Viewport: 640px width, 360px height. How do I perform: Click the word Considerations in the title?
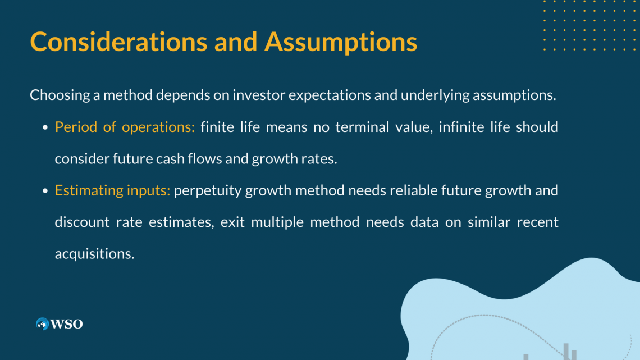pyautogui.click(x=119, y=42)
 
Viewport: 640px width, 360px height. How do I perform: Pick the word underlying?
pyautogui.click(x=435, y=95)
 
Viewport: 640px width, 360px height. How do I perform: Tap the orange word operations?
pyautogui.click(x=158, y=127)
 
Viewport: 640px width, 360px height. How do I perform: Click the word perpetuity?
pyautogui.click(x=208, y=191)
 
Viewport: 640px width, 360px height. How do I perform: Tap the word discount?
pyautogui.click(x=83, y=222)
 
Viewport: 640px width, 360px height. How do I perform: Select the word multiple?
pyautogui.click(x=277, y=222)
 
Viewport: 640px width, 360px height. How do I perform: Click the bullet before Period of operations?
pyautogui.click(x=45, y=127)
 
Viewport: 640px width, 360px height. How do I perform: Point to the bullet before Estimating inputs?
pyautogui.click(x=45, y=191)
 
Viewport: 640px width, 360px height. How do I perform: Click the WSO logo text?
pyautogui.click(x=67, y=324)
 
